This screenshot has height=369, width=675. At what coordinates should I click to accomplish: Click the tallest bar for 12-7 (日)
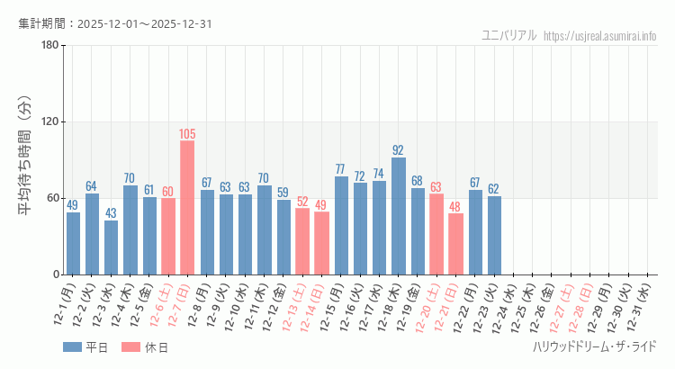pyautogui.click(x=187, y=207)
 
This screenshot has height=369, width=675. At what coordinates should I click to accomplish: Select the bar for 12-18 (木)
pyautogui.click(x=399, y=216)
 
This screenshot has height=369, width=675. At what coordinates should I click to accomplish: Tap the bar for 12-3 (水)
pyautogui.click(x=111, y=247)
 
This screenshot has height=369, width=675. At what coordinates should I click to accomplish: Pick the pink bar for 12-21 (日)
pyautogui.click(x=456, y=244)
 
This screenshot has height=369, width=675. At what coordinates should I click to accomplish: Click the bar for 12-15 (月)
pyautogui.click(x=341, y=225)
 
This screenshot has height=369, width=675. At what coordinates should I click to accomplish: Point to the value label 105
pyautogui.click(x=187, y=134)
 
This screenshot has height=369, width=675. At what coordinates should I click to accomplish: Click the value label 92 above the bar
pyautogui.click(x=399, y=150)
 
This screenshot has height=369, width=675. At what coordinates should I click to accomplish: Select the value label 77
pyautogui.click(x=341, y=169)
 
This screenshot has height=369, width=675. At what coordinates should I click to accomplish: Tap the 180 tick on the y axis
pyautogui.click(x=50, y=46)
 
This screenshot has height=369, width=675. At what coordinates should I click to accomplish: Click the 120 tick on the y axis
pyautogui.click(x=50, y=122)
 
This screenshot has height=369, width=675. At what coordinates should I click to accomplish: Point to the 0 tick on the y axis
pyautogui.click(x=56, y=274)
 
